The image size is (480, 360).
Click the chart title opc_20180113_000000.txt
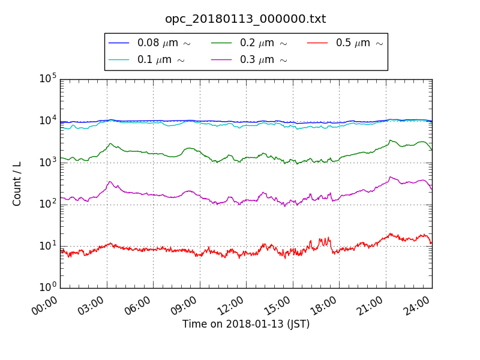click(245, 19)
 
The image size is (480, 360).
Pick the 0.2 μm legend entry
click(263, 43)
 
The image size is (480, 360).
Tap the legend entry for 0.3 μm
click(263, 59)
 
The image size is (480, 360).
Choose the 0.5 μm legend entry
click(359, 43)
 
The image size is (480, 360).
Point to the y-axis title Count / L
click(17, 184)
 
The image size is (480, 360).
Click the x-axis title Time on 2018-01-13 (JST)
click(246, 324)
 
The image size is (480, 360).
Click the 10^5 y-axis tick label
click(48, 79)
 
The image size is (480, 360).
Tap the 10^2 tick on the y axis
click(48, 204)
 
